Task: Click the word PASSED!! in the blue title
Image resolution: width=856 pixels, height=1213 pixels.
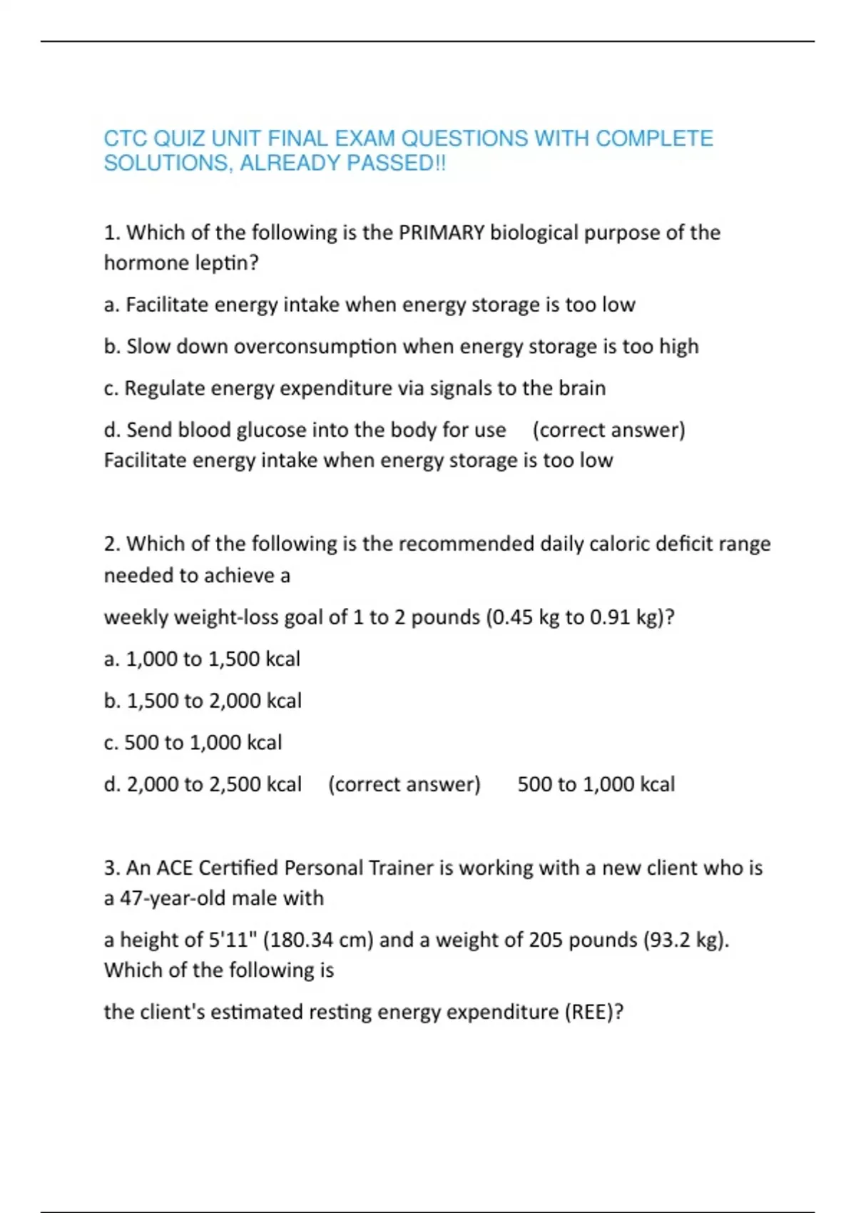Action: coord(396,163)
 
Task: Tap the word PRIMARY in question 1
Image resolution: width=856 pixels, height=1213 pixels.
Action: coord(442,233)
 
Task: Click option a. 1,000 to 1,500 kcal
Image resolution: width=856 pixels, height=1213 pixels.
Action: coord(202,659)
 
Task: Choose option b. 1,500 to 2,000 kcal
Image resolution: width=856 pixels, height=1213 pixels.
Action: coord(203,701)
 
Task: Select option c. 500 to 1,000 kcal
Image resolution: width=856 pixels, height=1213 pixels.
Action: coord(193,743)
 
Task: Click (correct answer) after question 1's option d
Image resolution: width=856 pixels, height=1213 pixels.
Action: coord(608,430)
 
